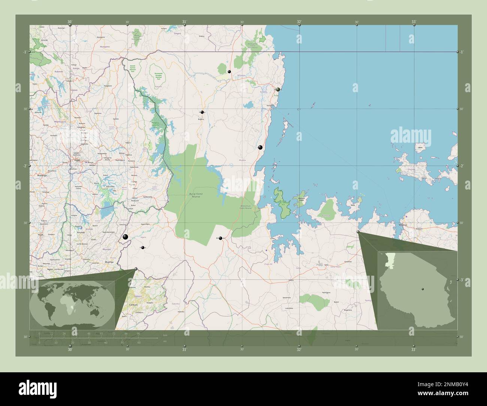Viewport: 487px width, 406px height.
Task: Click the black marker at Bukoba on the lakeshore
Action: [x=278, y=90]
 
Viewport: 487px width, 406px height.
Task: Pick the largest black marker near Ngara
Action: [x=125, y=237]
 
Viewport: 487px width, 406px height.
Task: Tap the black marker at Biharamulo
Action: [x=220, y=238]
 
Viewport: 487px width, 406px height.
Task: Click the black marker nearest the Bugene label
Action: [x=202, y=112]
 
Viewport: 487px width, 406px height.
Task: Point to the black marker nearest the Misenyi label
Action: [x=229, y=72]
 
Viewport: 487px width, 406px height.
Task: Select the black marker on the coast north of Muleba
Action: [x=260, y=147]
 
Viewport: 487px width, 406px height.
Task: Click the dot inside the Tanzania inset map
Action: [x=423, y=289]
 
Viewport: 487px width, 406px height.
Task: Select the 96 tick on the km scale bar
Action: [x=138, y=333]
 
